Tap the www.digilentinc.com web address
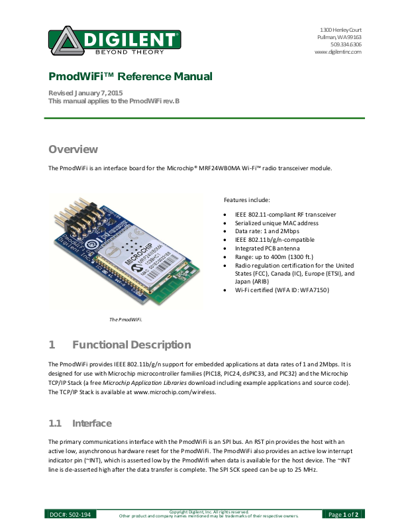337,52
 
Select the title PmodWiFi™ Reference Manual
130,77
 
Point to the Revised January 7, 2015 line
85,92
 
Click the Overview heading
73,149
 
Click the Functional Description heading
131,344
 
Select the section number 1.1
55,423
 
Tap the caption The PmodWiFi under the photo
126,319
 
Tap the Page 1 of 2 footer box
344,514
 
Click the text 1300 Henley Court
340,30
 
